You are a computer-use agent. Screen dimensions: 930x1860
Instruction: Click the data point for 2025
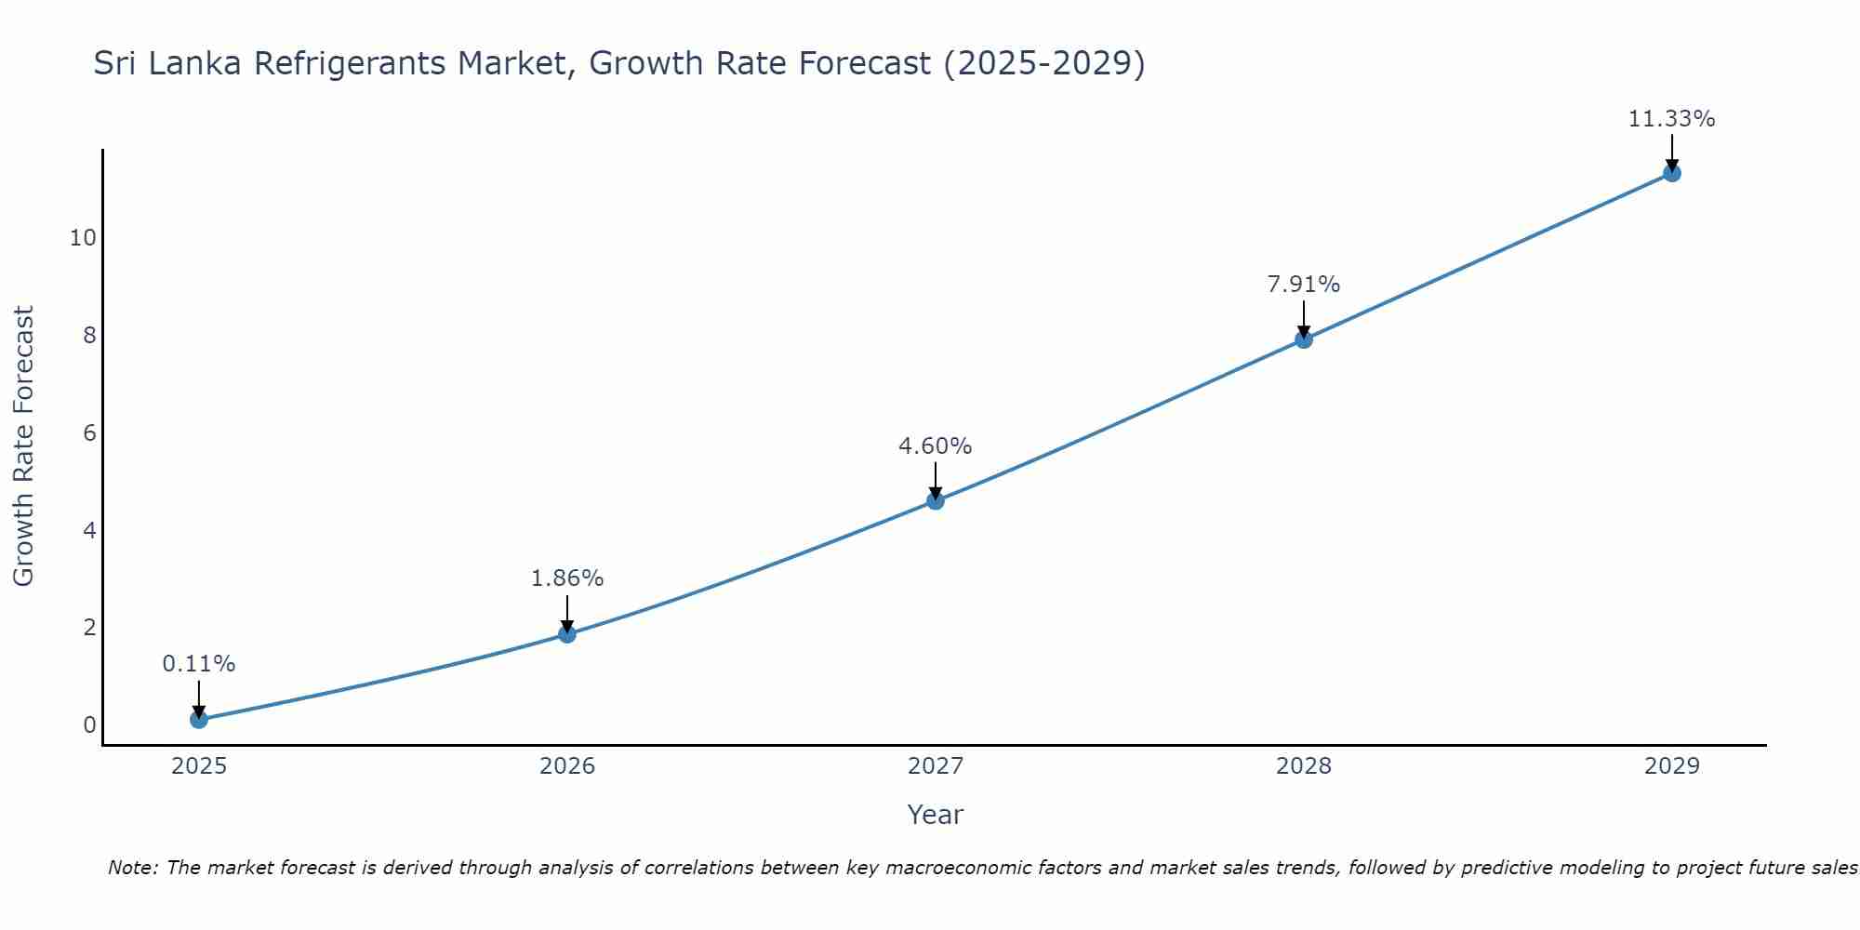(x=198, y=719)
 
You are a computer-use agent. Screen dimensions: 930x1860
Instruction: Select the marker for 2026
(x=567, y=634)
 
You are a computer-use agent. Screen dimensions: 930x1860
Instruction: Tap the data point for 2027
(x=936, y=500)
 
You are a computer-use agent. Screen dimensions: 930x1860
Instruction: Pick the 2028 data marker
(x=1304, y=339)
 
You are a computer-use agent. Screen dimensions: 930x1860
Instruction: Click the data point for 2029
(x=1672, y=173)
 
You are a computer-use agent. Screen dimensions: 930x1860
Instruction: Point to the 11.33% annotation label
(x=1671, y=119)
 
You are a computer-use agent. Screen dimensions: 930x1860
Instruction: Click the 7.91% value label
(x=1304, y=285)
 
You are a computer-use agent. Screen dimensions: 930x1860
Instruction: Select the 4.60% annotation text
(x=935, y=446)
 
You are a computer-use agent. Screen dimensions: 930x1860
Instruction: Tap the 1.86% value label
(x=567, y=578)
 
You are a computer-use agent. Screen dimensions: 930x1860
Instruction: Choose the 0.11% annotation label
(x=198, y=664)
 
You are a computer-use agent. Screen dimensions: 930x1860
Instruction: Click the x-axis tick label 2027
(x=936, y=766)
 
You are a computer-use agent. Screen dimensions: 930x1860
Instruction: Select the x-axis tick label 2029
(x=1672, y=766)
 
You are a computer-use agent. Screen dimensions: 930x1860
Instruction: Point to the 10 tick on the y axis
(x=83, y=238)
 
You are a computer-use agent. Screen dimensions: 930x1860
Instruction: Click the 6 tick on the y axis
(x=89, y=433)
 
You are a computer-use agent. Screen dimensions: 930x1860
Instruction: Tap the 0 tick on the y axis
(x=89, y=725)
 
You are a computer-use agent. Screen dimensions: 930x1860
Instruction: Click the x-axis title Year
(x=935, y=815)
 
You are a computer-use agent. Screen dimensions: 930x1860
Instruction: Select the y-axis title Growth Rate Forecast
(x=23, y=446)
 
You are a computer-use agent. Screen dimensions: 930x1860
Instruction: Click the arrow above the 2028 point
(x=1304, y=319)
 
